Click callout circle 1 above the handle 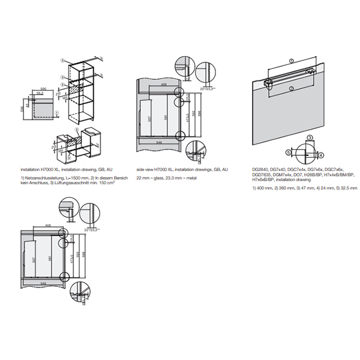[x=291, y=61]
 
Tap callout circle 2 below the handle [x=291, y=89]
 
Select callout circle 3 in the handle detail [x=309, y=139]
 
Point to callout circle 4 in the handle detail [x=321, y=155]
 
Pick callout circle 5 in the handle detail [x=288, y=153]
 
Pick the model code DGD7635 [x=262, y=175]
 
